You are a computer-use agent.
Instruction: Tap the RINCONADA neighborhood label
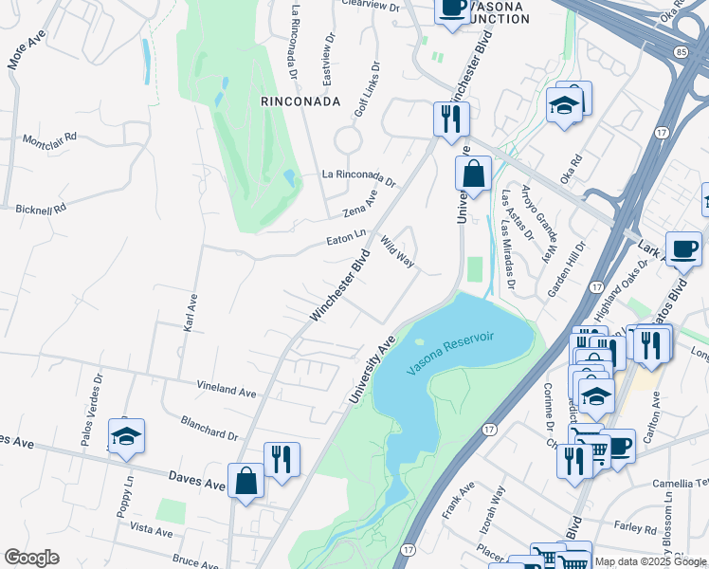click(300, 101)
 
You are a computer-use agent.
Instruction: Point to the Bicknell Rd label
click(40, 206)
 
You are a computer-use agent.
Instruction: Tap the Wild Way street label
click(398, 253)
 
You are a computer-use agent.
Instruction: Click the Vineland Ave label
click(227, 390)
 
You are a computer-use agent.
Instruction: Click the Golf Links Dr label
click(367, 91)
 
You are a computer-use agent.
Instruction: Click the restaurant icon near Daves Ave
click(282, 460)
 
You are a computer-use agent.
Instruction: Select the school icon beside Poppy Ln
click(126, 436)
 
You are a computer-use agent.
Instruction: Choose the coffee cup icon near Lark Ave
click(683, 248)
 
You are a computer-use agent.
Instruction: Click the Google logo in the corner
click(31, 558)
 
